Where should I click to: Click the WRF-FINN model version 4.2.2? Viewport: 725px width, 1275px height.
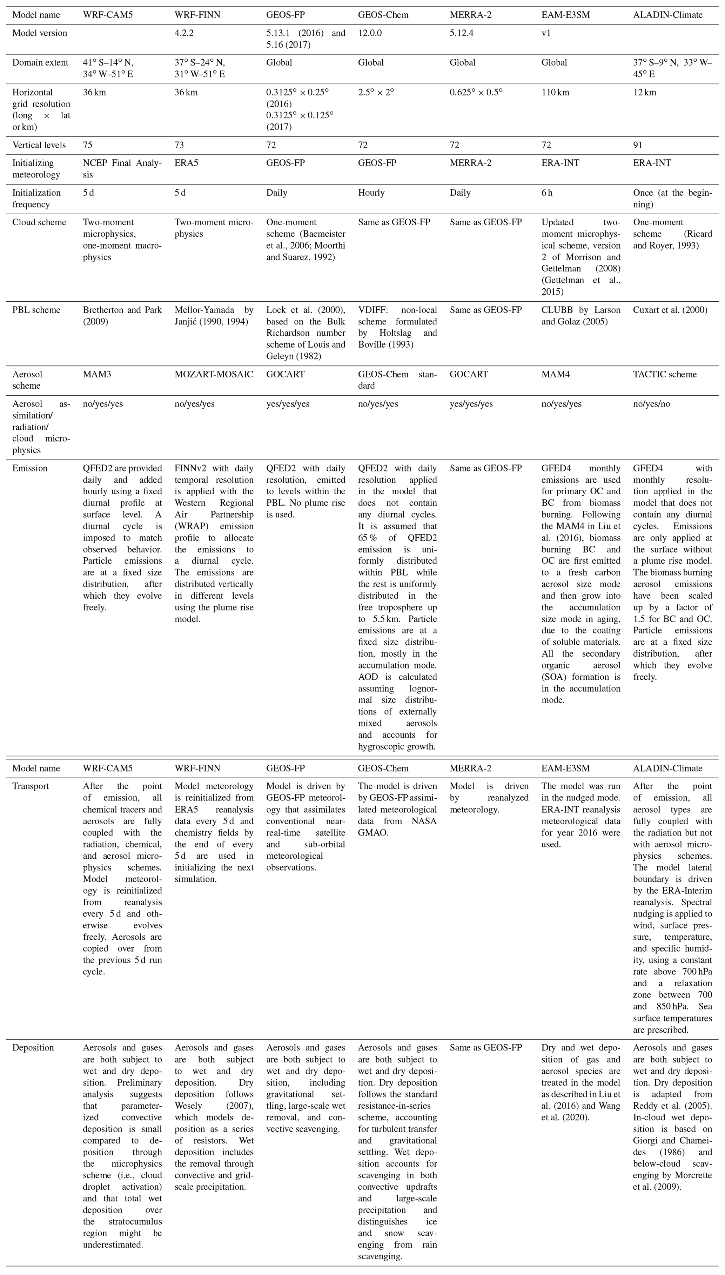click(x=186, y=33)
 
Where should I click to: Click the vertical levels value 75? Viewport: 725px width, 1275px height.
click(x=88, y=145)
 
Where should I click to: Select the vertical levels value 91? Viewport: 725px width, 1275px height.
click(x=638, y=145)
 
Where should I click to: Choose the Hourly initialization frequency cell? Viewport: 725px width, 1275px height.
click(x=371, y=193)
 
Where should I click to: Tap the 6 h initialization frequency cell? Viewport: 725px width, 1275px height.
click(x=547, y=193)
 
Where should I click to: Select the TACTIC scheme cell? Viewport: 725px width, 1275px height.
click(x=665, y=374)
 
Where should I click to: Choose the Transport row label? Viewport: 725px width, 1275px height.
click(x=31, y=786)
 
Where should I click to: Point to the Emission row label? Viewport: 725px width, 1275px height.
click(x=30, y=468)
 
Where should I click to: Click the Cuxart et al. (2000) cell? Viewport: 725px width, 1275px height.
click(x=670, y=310)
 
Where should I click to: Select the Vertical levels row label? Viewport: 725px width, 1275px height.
click(x=39, y=145)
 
